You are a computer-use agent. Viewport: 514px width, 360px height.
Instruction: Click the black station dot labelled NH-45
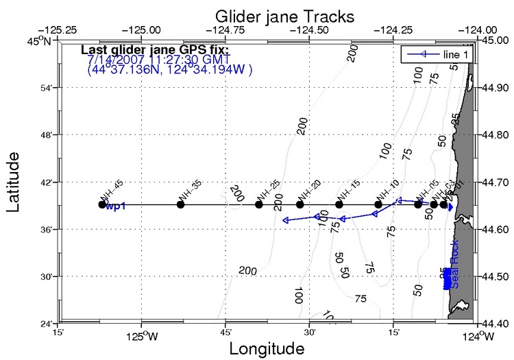coord(102,204)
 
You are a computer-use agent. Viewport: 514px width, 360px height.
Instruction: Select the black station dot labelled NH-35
coord(180,204)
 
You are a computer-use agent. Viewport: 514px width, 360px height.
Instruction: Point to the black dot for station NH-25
coord(259,204)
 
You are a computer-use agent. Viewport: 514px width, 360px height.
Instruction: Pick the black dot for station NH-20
coord(299,204)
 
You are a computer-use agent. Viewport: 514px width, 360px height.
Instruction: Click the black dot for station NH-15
coord(339,204)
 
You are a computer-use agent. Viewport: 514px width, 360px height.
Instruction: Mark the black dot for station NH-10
coord(378,204)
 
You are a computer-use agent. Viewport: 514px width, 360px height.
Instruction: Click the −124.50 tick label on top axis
coord(310,31)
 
